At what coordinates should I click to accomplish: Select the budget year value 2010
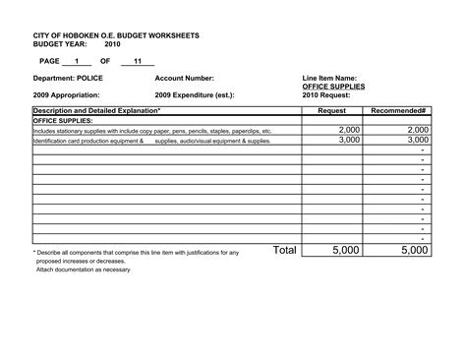(x=113, y=44)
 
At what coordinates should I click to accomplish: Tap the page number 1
(x=77, y=61)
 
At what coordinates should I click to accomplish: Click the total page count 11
(x=138, y=61)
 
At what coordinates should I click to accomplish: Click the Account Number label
(x=184, y=78)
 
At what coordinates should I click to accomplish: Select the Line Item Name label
(x=329, y=78)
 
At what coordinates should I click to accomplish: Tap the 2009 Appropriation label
(x=69, y=95)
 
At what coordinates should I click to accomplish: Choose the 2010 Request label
(x=324, y=95)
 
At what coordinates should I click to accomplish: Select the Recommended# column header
(x=398, y=112)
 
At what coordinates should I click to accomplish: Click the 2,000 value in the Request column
(x=349, y=130)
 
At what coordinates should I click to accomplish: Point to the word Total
(x=284, y=250)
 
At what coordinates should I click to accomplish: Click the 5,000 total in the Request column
(x=346, y=251)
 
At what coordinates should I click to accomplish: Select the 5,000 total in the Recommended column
(x=414, y=251)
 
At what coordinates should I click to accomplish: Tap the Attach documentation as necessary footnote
(x=83, y=270)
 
